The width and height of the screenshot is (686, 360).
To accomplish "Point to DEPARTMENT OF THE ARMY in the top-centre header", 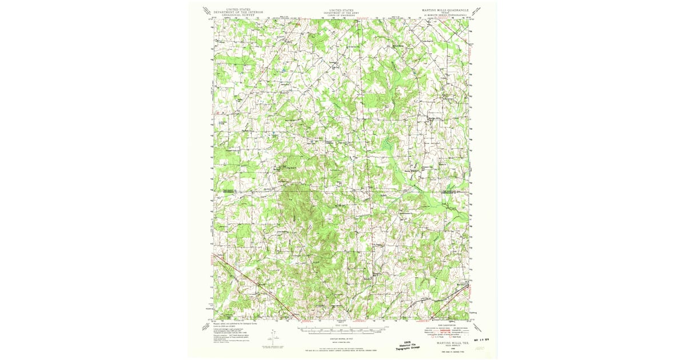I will click(x=342, y=12).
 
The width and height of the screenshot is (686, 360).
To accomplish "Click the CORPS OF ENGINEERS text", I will click(x=342, y=15).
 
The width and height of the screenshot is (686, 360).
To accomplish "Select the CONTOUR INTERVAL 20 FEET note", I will click(x=342, y=338).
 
